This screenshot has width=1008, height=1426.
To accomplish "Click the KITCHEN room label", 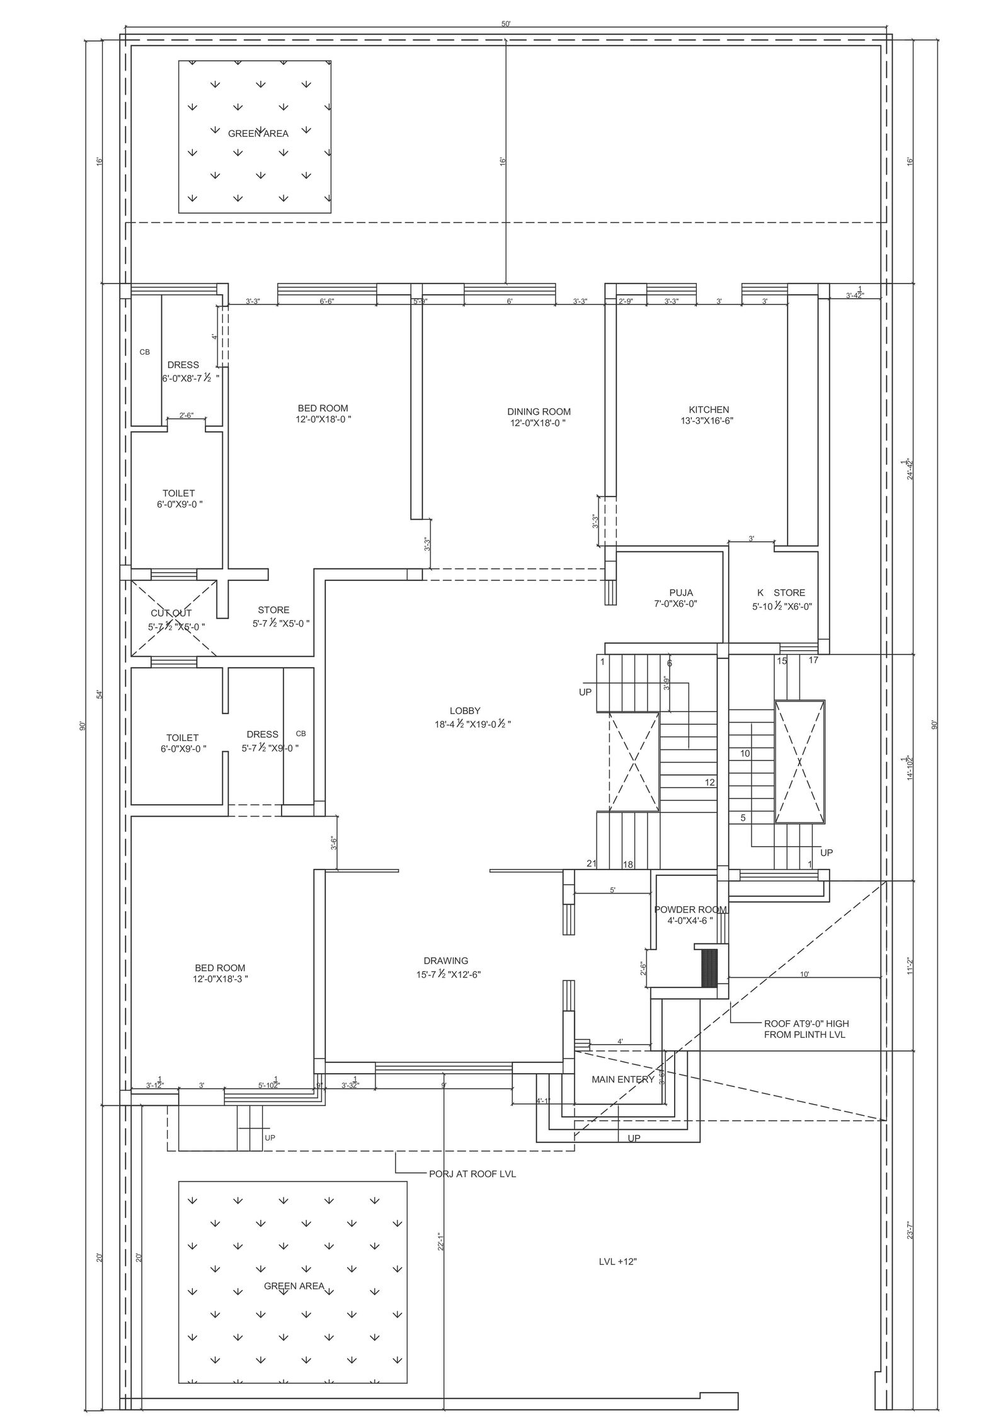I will click(x=709, y=410).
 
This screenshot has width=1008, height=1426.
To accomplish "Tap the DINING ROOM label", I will click(x=539, y=411).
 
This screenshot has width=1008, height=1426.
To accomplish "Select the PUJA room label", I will click(x=681, y=592).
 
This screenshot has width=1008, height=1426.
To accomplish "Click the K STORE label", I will click(x=781, y=592).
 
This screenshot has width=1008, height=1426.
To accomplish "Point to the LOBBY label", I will click(x=465, y=711).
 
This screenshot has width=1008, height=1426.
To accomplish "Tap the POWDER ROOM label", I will click(x=690, y=909).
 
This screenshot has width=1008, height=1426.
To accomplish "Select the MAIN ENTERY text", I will click(x=622, y=1079).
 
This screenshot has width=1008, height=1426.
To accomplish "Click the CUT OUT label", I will click(x=171, y=613).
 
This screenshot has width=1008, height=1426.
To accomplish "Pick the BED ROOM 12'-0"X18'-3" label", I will click(x=220, y=968).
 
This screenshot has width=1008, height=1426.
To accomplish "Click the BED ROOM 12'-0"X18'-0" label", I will click(x=323, y=408).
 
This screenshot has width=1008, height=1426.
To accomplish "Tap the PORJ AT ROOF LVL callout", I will click(x=472, y=1174).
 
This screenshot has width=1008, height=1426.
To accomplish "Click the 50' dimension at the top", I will click(x=506, y=24).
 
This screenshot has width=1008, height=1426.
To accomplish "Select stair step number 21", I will click(x=591, y=863).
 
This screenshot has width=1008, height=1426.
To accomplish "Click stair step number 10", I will click(x=745, y=753).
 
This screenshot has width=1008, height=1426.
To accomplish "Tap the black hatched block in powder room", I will click(x=710, y=968).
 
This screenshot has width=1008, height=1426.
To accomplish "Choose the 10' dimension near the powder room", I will click(x=805, y=974).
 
